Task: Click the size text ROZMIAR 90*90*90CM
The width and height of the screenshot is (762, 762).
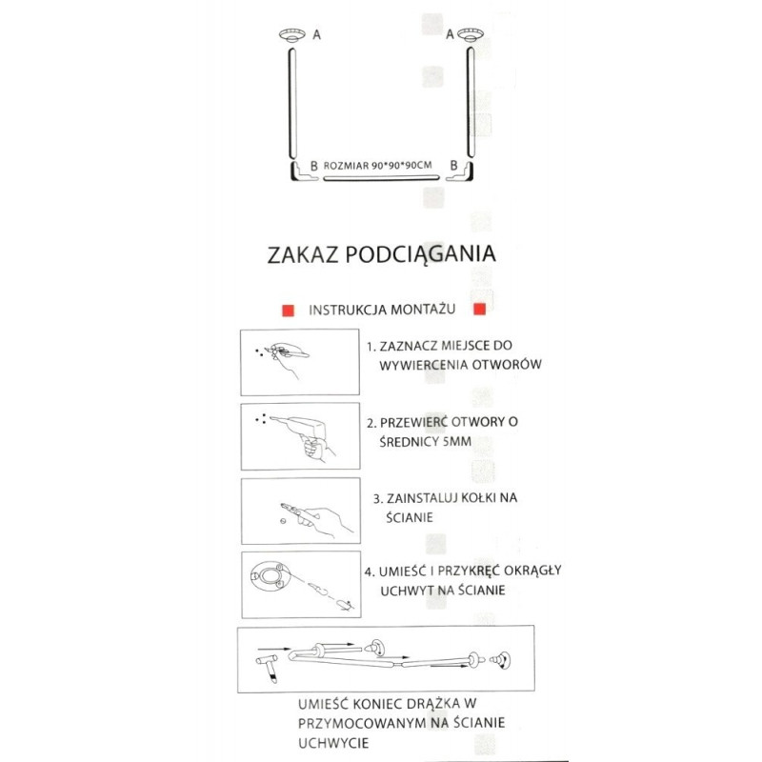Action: (x=378, y=165)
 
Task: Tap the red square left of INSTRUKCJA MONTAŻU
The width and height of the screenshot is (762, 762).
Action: (x=285, y=311)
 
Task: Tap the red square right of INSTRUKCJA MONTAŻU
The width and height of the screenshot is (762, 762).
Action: (x=480, y=310)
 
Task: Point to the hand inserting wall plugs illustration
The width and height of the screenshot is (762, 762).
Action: (x=314, y=516)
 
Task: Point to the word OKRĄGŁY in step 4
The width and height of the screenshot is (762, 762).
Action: (x=530, y=571)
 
